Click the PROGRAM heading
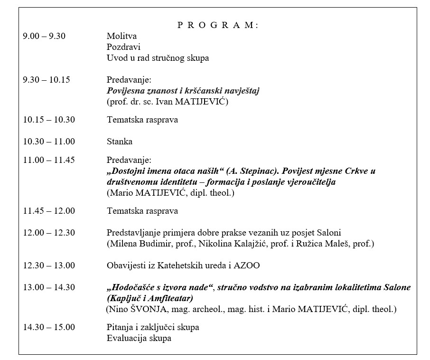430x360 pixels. tap(217, 26)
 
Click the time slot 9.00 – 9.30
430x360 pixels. tap(44, 36)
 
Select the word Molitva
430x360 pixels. tap(122, 36)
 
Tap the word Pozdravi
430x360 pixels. tap(123, 47)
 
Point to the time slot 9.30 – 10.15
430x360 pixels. tap(47, 80)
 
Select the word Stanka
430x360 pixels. tap(120, 142)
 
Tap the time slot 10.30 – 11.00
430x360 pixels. tap(49, 142)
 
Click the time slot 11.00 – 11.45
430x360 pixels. tap(49, 160)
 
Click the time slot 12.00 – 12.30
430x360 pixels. tap(49, 233)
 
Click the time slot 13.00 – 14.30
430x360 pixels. tap(49, 288)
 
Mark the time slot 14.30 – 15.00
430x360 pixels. tap(49, 328)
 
